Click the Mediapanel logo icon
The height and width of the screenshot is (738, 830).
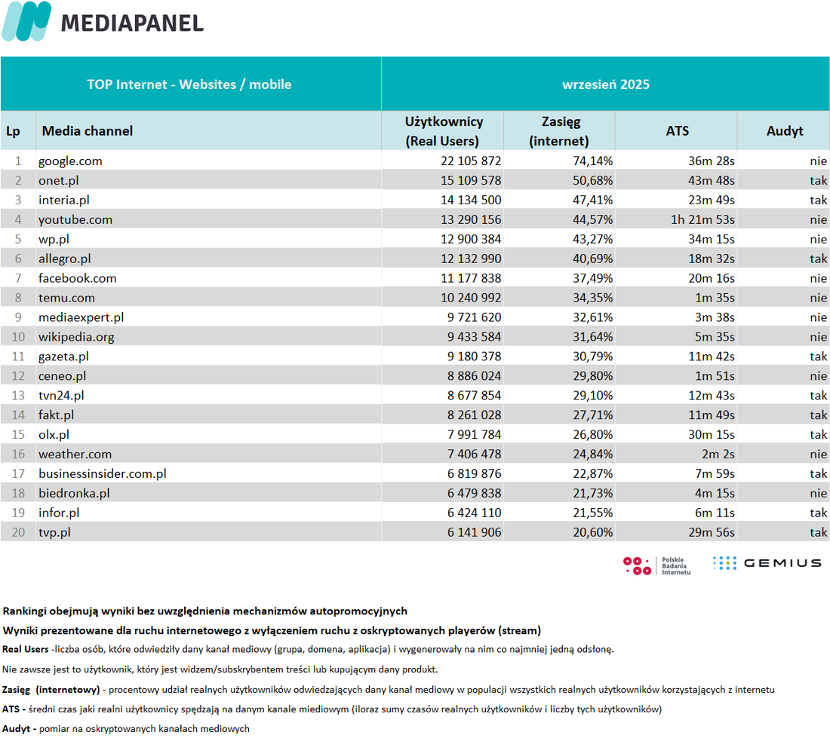[x=26, y=21]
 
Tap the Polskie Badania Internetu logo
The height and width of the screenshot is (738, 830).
[x=657, y=565]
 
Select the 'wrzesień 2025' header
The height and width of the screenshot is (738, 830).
[x=606, y=84]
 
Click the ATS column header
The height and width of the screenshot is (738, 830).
[x=677, y=131]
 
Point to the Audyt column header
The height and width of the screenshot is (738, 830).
[x=785, y=131]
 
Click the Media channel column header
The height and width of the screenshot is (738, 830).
[x=88, y=131]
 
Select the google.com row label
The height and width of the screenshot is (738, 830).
[x=70, y=161]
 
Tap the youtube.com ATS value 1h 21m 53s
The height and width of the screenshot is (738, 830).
[x=702, y=219]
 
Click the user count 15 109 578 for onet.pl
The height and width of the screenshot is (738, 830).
[x=471, y=180]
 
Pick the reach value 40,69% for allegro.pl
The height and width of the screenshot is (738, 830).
[x=592, y=259]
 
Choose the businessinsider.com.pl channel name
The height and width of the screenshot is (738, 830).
[x=102, y=473]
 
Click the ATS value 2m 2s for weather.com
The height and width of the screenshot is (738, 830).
[x=718, y=454]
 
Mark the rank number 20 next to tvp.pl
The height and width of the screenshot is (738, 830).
[x=18, y=532]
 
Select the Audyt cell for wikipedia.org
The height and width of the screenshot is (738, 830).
[x=819, y=337]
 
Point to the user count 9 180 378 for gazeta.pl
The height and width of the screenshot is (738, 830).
[x=474, y=357]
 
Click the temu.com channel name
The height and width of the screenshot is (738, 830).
[x=66, y=298]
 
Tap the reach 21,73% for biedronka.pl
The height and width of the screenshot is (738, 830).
[x=592, y=493]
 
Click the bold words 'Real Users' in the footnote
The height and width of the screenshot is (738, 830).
[x=26, y=649]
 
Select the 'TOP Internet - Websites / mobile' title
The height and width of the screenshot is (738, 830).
[x=189, y=84]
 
